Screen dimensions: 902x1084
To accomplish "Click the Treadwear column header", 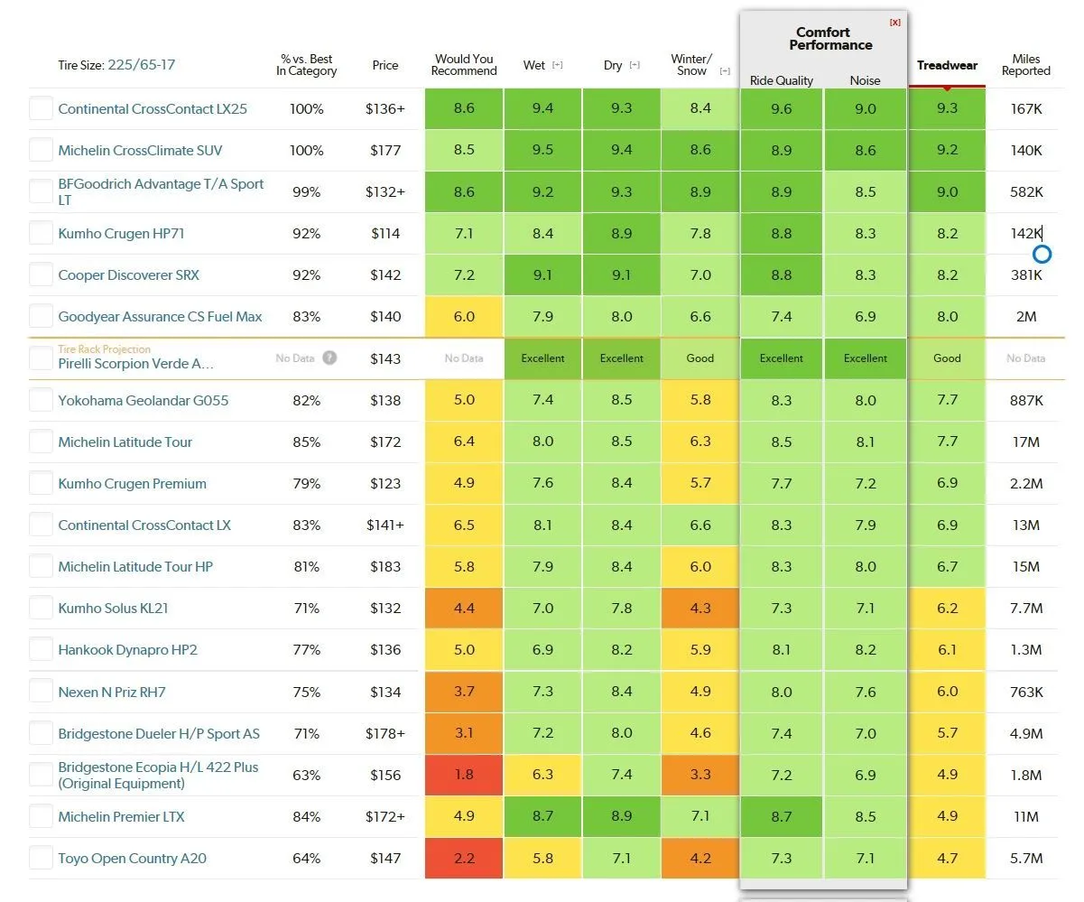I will tap(947, 65).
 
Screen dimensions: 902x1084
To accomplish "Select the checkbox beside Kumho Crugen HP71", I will tap(41, 233).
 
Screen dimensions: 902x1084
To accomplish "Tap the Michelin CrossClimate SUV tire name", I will tap(140, 151).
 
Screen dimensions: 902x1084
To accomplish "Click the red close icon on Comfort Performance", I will tap(894, 22).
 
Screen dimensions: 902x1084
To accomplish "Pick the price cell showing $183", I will tap(385, 567).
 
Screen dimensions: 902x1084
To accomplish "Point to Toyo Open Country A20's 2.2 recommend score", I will tap(464, 859).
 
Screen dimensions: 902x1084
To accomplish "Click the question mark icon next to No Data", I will tap(329, 358).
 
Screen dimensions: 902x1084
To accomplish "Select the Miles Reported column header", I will tap(1025, 65).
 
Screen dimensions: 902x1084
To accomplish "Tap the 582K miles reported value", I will tap(1026, 192).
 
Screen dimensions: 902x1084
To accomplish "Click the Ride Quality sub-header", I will tap(782, 80).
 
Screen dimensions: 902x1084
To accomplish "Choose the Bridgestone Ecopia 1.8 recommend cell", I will tap(464, 775).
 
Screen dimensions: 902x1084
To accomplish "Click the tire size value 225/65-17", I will tap(142, 65).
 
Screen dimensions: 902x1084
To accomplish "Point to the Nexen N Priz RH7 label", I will tap(112, 693).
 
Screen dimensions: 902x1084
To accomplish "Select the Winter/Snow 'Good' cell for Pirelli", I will tap(700, 358).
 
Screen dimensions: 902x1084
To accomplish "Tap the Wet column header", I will tap(534, 65).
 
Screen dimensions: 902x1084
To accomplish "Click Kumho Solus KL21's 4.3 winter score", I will tap(700, 609).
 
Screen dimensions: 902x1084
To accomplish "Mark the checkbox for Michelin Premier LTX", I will tap(41, 816).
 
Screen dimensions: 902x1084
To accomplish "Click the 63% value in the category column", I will tap(306, 775).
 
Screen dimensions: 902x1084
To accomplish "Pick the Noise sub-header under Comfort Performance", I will tap(865, 80).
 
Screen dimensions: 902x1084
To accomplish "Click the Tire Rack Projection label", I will tap(105, 349).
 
